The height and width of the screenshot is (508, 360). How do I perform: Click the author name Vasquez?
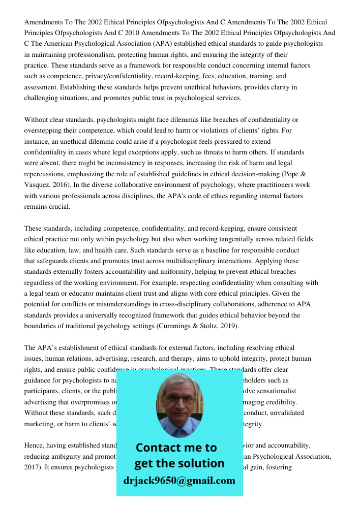click(39, 185)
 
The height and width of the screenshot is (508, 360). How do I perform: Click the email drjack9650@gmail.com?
click(179, 481)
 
